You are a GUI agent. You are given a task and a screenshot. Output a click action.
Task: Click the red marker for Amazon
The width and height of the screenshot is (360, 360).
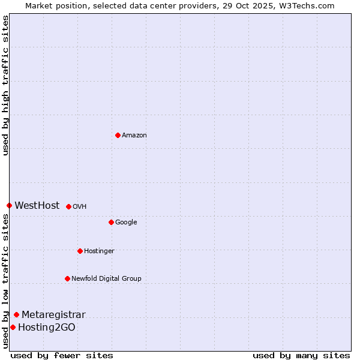(x=118, y=135)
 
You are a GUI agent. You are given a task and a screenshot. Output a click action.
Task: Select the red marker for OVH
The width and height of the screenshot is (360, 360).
(x=68, y=206)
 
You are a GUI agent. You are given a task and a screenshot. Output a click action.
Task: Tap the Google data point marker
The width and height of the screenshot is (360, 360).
(x=111, y=222)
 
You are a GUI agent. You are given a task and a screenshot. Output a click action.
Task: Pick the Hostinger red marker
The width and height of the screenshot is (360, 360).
(x=80, y=251)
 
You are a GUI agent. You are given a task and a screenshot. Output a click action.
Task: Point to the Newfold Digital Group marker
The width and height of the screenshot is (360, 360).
(x=67, y=278)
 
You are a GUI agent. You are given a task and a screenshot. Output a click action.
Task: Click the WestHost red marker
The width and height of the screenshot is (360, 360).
(x=9, y=205)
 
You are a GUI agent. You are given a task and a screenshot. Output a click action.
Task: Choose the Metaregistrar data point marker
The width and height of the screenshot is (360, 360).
(x=16, y=314)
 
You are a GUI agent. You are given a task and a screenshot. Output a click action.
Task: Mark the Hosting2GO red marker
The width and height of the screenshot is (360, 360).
(x=13, y=327)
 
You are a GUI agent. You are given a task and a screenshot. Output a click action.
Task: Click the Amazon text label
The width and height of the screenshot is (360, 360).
(x=134, y=135)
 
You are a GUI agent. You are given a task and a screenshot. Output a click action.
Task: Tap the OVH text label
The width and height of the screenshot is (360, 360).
(x=80, y=206)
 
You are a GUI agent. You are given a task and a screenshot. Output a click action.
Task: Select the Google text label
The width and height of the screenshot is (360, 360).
(x=126, y=222)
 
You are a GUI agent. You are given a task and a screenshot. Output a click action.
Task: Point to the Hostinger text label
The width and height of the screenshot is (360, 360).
(x=99, y=251)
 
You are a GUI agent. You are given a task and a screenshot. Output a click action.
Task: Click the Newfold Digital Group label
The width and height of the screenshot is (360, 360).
(x=106, y=278)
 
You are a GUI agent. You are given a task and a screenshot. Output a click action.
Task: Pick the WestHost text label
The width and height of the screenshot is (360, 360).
(x=37, y=205)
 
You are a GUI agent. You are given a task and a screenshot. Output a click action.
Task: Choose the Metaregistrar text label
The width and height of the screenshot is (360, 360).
(x=53, y=314)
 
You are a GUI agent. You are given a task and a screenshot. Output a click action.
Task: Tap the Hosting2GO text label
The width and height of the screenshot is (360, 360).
(x=47, y=327)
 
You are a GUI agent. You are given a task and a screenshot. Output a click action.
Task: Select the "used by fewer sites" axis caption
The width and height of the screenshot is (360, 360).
(x=62, y=355)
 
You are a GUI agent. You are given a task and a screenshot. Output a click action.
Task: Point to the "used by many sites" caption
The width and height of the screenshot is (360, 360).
(x=301, y=355)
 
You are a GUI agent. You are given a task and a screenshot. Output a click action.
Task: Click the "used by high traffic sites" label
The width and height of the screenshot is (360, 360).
(x=6, y=85)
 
